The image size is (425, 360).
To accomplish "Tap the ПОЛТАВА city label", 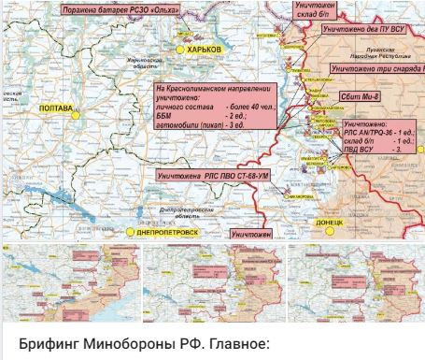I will pos(57,109).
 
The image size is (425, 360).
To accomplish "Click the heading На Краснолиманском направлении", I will pos(211,89).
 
